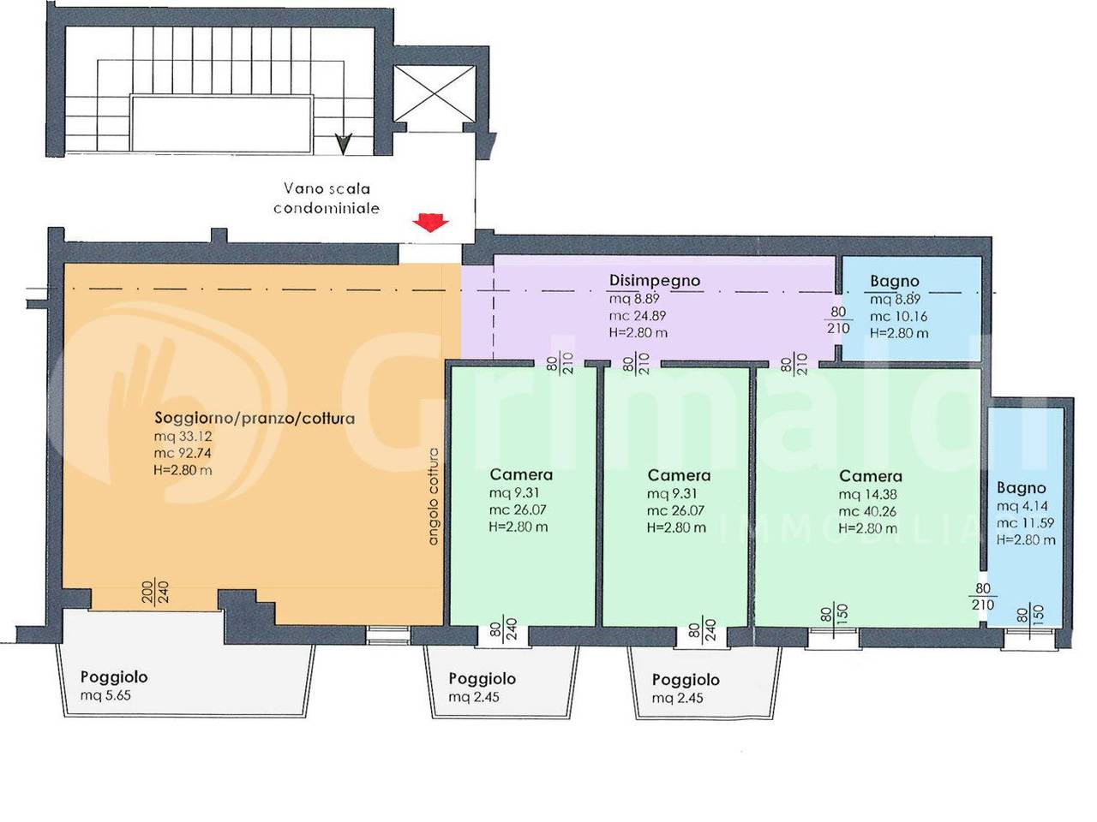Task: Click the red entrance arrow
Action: [430, 223]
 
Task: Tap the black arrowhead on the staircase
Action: [344, 144]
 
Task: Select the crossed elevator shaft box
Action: [435, 93]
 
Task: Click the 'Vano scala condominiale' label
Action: [327, 198]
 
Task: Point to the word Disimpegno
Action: [654, 281]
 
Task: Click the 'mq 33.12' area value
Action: [183, 436]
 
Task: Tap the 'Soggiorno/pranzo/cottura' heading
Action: [255, 418]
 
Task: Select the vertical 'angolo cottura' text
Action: [434, 496]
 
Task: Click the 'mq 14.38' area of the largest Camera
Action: [868, 494]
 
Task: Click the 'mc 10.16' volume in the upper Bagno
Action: [898, 317]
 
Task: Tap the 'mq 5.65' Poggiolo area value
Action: [105, 695]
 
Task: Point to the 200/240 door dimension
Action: [156, 592]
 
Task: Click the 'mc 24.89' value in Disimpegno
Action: [638, 316]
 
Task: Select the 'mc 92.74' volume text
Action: [183, 453]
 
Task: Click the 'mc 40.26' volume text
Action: [867, 511]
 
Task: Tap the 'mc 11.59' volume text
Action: [1026, 523]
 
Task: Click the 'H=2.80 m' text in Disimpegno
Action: [638, 333]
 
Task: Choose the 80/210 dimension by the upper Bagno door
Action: [838, 320]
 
